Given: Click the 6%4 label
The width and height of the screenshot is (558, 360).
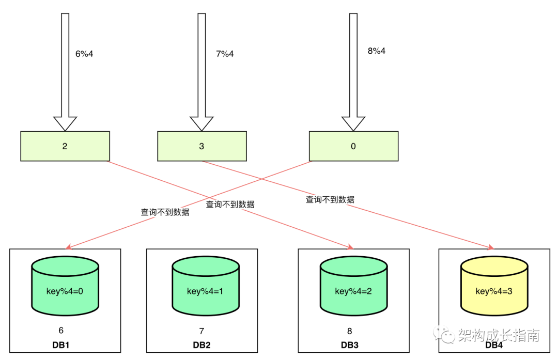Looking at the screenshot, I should pos(84,53).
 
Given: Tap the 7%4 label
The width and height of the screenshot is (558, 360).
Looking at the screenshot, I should pos(225,53).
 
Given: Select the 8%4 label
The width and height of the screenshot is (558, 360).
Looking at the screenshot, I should pos(377,51).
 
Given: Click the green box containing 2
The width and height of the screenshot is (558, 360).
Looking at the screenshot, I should pos(65,146).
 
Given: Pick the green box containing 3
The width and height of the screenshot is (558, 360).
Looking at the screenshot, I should pos(202,146).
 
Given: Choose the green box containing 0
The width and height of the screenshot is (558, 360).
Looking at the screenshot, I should pos(353,146).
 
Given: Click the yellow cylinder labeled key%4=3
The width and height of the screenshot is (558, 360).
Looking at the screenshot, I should pos(494,290).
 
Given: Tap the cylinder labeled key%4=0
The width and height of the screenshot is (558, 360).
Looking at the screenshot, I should pos(65,290).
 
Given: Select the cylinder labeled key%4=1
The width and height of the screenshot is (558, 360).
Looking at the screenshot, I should pos(206,290).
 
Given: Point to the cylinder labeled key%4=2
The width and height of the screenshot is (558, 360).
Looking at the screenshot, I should pos(353,290).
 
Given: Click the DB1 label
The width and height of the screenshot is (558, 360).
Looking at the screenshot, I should pos(61,345).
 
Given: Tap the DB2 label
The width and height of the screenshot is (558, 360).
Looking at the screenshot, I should pos(202,345).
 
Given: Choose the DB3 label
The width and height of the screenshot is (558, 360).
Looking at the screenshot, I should pos(350,345).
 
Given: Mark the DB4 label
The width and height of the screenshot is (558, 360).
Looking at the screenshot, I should pos(494,345).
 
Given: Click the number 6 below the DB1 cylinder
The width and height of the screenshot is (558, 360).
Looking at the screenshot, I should pos(61,330).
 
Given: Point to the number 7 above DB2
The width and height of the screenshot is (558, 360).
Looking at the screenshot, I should pos(202,330).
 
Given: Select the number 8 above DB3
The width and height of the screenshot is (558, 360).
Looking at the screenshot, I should pos(350,330).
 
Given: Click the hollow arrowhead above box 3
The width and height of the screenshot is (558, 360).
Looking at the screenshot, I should pos(202,123).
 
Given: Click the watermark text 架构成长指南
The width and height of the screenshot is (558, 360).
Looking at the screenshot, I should pos(498,335).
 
